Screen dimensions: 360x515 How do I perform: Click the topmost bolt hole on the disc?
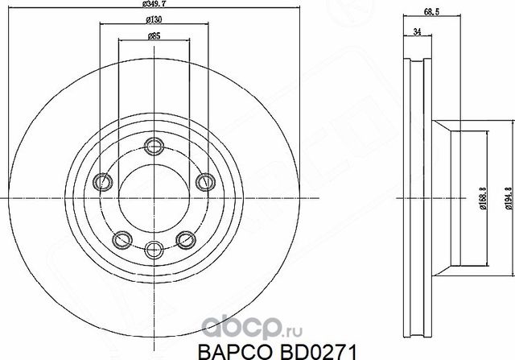click(153, 146)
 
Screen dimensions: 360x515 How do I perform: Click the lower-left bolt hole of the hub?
click(122, 238)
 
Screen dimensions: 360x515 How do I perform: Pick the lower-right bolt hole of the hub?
click(184, 238)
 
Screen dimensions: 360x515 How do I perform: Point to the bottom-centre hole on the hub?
click(153, 249)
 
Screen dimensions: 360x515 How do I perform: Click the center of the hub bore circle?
click(153, 197)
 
